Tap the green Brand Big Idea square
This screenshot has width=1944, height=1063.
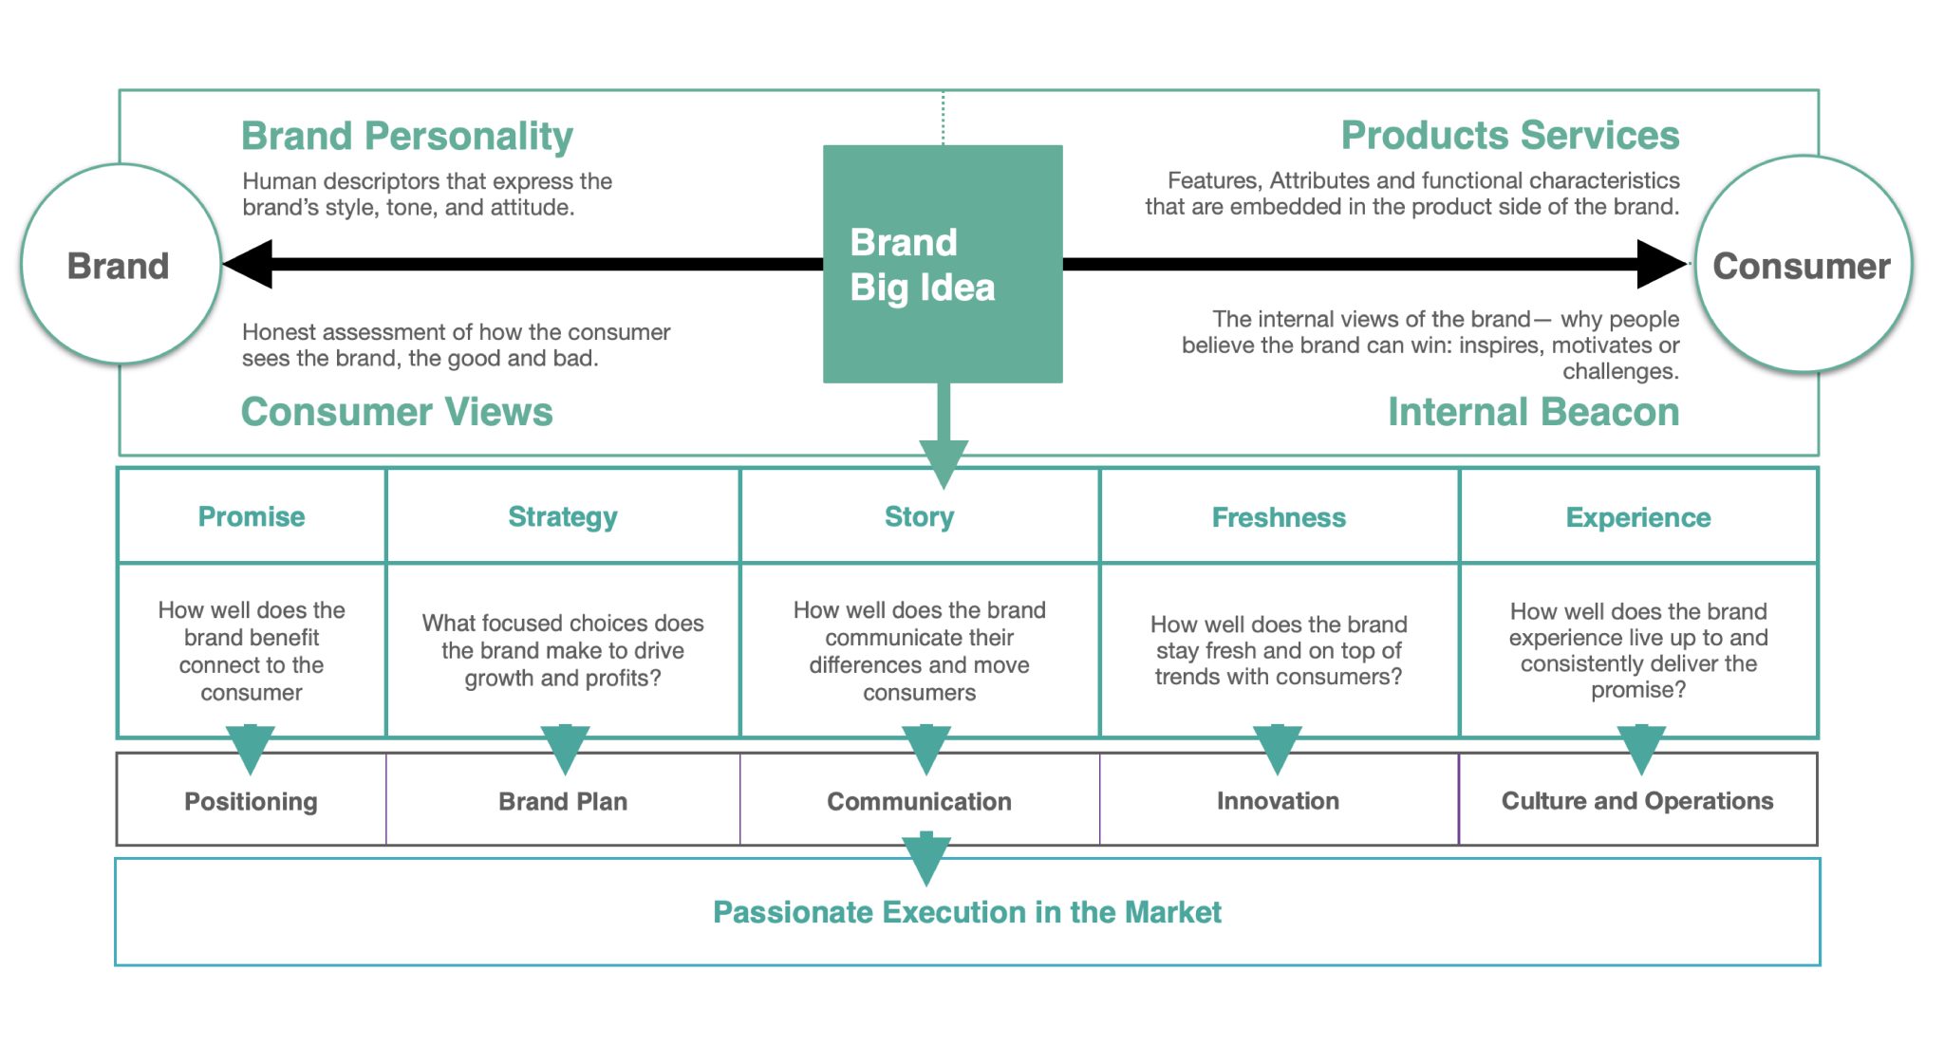pos(943,264)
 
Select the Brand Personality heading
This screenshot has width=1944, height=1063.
pos(407,137)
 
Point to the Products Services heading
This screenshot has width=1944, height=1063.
pos(1510,136)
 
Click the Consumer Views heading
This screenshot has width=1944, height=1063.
pos(397,412)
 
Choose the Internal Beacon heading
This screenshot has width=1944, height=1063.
pos(1534,412)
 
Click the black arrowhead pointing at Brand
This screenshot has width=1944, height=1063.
pos(248,264)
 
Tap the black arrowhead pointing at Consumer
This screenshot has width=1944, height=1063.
pos(1662,264)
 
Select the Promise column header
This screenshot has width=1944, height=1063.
pos(252,516)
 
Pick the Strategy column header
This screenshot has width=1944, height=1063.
pos(563,516)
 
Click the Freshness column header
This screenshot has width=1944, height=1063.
pos(1279,517)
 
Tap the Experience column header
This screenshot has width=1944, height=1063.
pos(1638,517)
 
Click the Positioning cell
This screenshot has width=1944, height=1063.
pos(252,801)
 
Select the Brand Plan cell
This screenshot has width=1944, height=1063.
pos(563,801)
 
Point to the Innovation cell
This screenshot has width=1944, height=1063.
pos(1279,801)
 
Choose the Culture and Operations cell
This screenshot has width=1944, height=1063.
pos(1637,801)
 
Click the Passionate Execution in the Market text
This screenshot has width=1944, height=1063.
pos(967,912)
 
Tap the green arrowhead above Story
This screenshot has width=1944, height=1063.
pos(944,464)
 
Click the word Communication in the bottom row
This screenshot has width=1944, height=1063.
pos(919,801)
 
